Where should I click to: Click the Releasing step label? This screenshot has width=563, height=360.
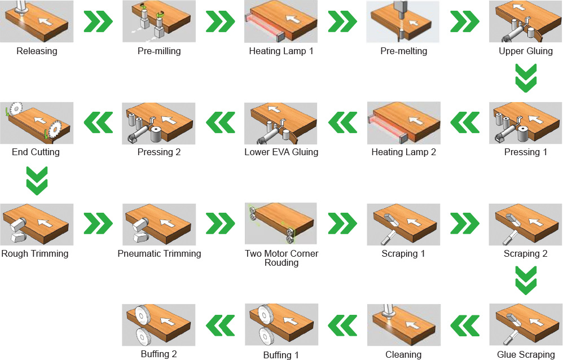point(37,51)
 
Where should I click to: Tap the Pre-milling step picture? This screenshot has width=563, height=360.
point(159,21)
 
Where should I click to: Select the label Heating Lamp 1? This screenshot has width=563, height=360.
point(281,51)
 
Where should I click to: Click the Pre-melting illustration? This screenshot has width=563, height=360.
point(403,21)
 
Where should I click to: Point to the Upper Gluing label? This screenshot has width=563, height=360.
point(526,51)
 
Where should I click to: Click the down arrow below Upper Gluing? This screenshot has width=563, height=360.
point(526,78)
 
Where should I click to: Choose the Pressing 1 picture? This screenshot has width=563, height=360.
point(526,123)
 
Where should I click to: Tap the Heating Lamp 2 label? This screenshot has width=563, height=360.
point(403,152)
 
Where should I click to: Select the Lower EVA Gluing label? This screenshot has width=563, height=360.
point(281,152)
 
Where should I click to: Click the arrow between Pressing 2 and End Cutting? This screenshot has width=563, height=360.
point(98,122)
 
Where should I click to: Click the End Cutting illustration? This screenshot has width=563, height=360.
point(37,123)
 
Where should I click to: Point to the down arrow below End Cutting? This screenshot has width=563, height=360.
point(37,181)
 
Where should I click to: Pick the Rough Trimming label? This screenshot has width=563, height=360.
point(35,254)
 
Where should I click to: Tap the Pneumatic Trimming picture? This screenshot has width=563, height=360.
point(159,225)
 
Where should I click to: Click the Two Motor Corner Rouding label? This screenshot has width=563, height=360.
point(281,258)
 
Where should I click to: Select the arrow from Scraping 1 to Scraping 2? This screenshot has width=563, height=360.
point(465,223)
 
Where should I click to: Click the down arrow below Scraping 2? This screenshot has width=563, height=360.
point(526,280)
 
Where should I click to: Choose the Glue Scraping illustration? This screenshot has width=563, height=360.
point(526,325)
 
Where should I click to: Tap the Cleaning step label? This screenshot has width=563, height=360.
point(403,354)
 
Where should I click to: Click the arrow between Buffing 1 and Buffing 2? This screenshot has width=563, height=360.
point(221,326)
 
